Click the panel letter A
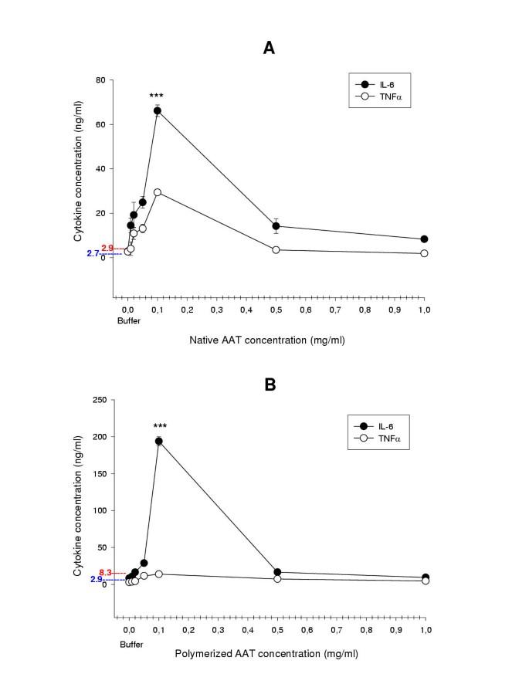click(x=269, y=49)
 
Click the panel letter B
click(x=270, y=384)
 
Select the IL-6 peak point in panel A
click(x=157, y=110)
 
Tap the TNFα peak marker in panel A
click(x=158, y=192)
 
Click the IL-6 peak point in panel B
click(x=158, y=442)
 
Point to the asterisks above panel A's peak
click(x=157, y=97)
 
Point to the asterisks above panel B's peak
click(x=160, y=426)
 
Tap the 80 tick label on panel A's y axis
click(x=100, y=80)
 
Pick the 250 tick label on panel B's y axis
click(x=97, y=400)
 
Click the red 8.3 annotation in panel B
click(x=107, y=573)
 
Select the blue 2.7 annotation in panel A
click(x=93, y=253)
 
